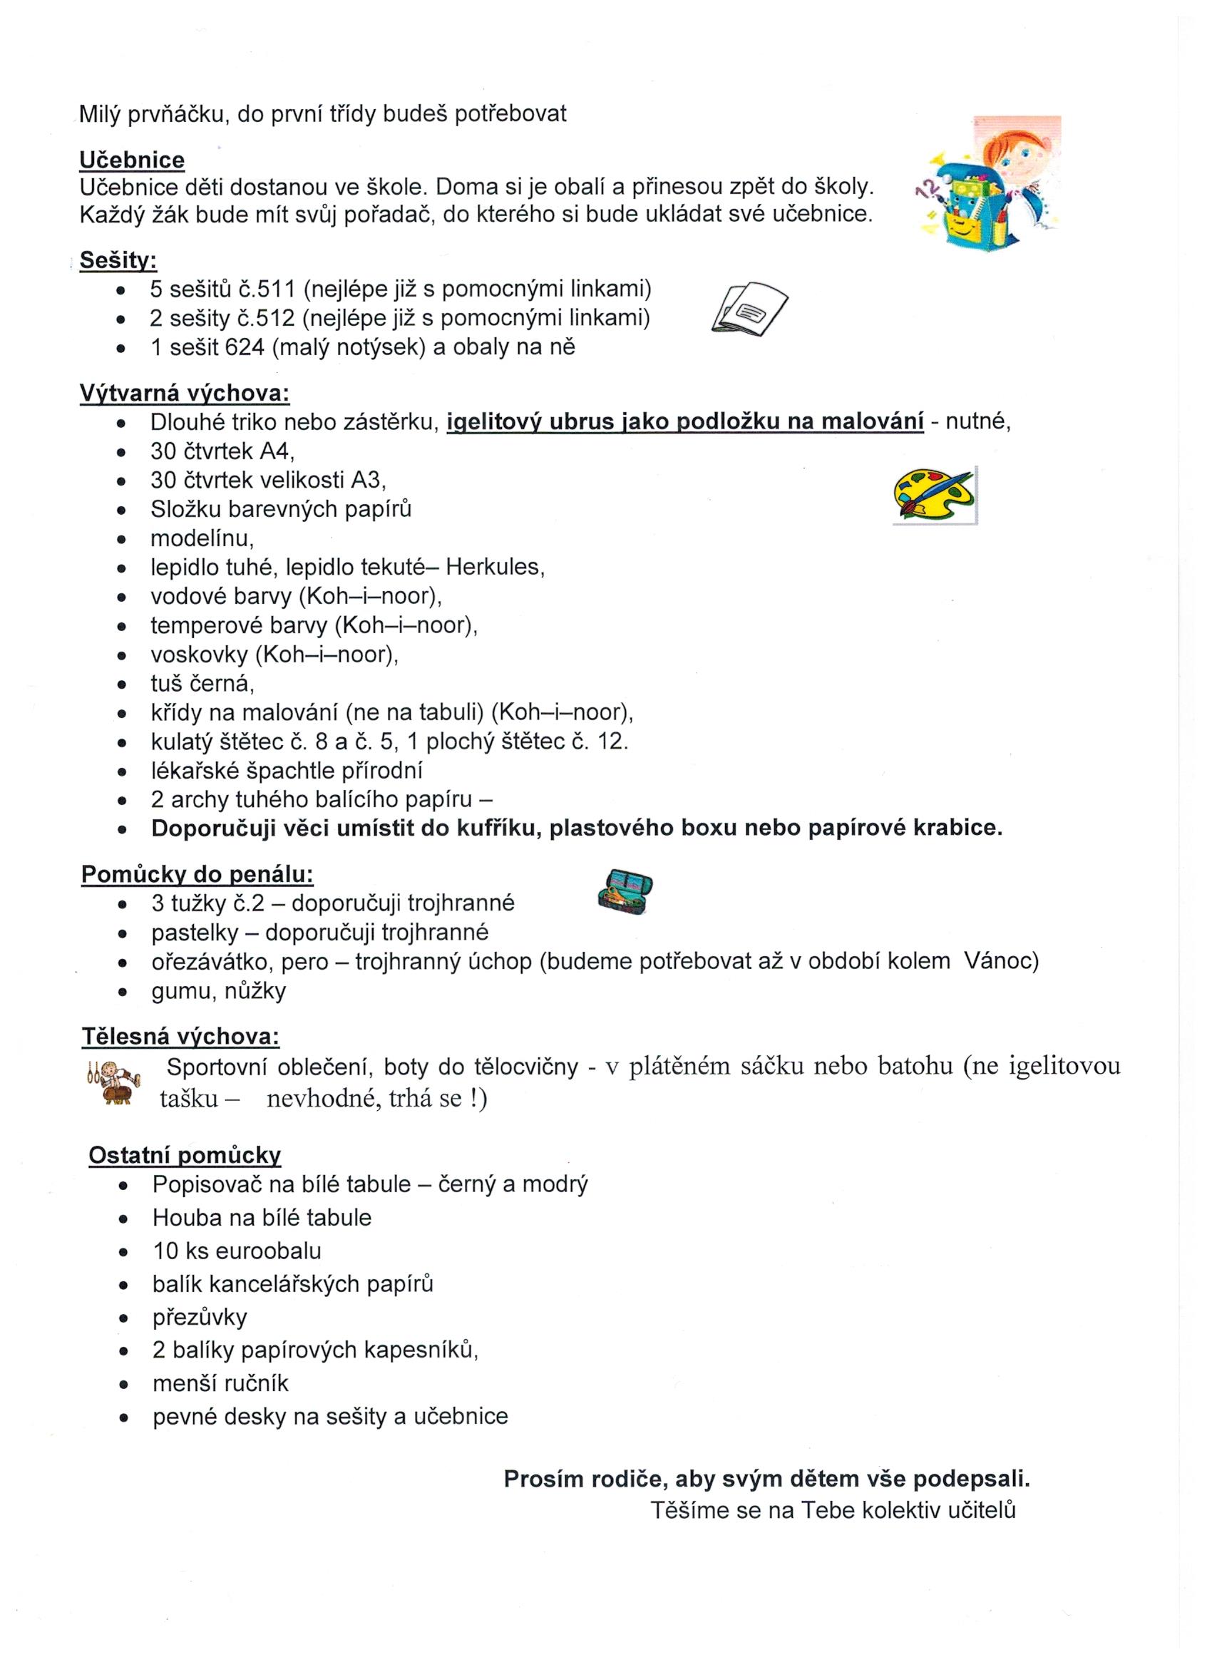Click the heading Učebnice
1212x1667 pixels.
point(132,160)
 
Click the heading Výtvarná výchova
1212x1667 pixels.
point(185,394)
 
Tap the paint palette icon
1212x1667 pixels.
point(934,495)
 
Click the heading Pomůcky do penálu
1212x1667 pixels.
point(197,875)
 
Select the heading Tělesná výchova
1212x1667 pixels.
point(180,1037)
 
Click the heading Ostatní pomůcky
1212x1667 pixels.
point(185,1156)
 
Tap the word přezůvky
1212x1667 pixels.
point(200,1317)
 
